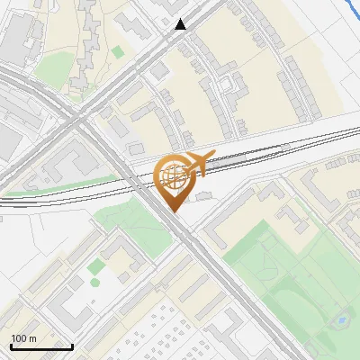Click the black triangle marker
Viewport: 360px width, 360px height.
pos(182,25)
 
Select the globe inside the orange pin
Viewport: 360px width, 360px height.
pos(172,173)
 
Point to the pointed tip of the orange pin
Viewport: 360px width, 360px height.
pos(173,211)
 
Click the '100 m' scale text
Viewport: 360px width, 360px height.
pos(24,338)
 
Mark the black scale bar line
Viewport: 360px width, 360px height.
pos(40,346)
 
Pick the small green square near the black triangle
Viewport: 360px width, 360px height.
pos(118,51)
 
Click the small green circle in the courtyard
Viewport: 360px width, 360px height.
pos(94,282)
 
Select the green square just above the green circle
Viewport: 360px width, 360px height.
pos(94,266)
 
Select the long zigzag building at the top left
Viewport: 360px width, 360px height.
pos(90,36)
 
